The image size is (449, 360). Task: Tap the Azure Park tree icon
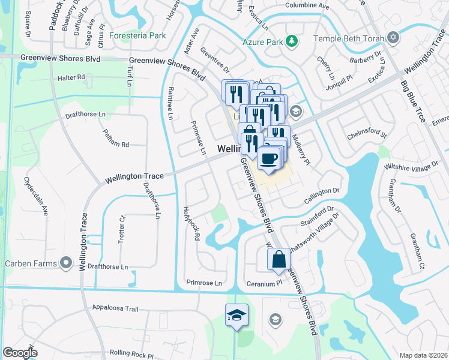[292, 41]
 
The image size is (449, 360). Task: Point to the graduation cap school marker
[237, 315]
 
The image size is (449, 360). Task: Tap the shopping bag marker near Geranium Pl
[279, 259]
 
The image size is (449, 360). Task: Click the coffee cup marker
[268, 159]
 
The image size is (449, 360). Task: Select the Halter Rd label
[71, 78]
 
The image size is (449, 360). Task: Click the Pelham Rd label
[116, 144]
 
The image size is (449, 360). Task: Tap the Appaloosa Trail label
[115, 308]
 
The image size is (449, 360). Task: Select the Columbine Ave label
[307, 5]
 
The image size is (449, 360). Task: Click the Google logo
[20, 353]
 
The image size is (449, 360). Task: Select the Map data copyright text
[423, 355]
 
